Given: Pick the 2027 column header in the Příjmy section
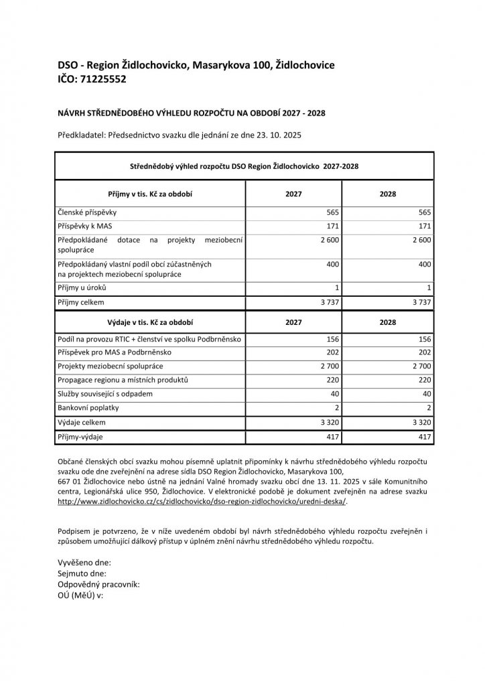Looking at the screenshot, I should pyautogui.click(x=293, y=194).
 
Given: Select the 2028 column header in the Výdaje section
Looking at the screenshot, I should pyautogui.click(x=388, y=322).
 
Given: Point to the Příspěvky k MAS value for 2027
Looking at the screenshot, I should pyautogui.click(x=331, y=226).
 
